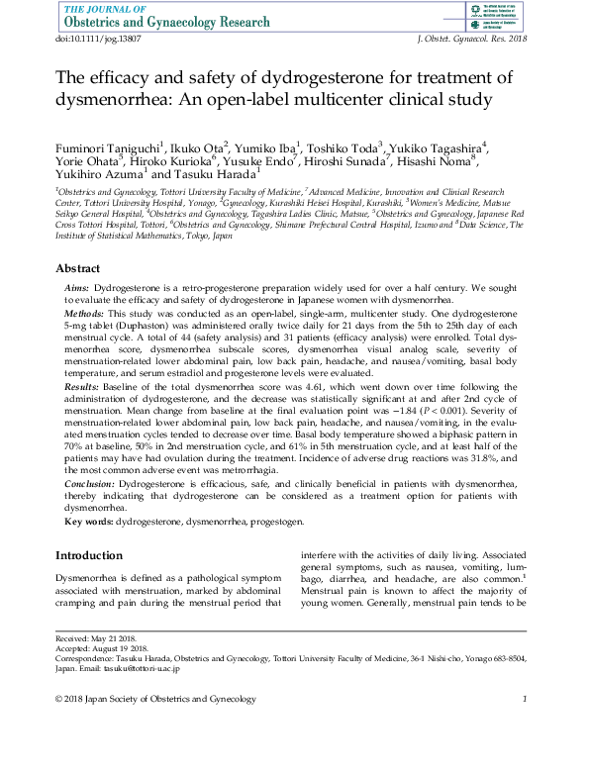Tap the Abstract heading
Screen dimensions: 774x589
pyautogui.click(x=77, y=268)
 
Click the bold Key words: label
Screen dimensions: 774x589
pyautogui.click(x=89, y=520)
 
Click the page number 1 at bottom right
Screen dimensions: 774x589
pyautogui.click(x=524, y=701)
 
